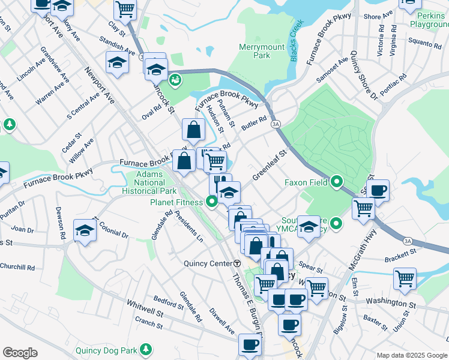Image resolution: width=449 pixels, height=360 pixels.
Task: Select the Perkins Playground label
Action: click(x=430, y=19)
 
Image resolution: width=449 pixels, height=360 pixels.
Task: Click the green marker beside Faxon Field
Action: click(x=337, y=181)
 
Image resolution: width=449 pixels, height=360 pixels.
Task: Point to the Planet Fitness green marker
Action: click(x=211, y=202)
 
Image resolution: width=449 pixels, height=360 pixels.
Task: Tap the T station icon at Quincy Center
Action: click(x=237, y=263)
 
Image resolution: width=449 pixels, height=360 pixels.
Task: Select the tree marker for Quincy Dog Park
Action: click(x=145, y=349)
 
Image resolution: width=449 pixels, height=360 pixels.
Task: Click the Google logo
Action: click(x=20, y=353)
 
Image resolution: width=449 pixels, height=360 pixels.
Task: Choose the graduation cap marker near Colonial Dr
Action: click(x=85, y=230)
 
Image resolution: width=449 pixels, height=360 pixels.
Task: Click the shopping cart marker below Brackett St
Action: click(x=405, y=278)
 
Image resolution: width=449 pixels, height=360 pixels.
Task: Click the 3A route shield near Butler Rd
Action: click(x=276, y=124)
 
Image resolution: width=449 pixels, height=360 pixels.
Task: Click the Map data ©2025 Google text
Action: click(x=411, y=355)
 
